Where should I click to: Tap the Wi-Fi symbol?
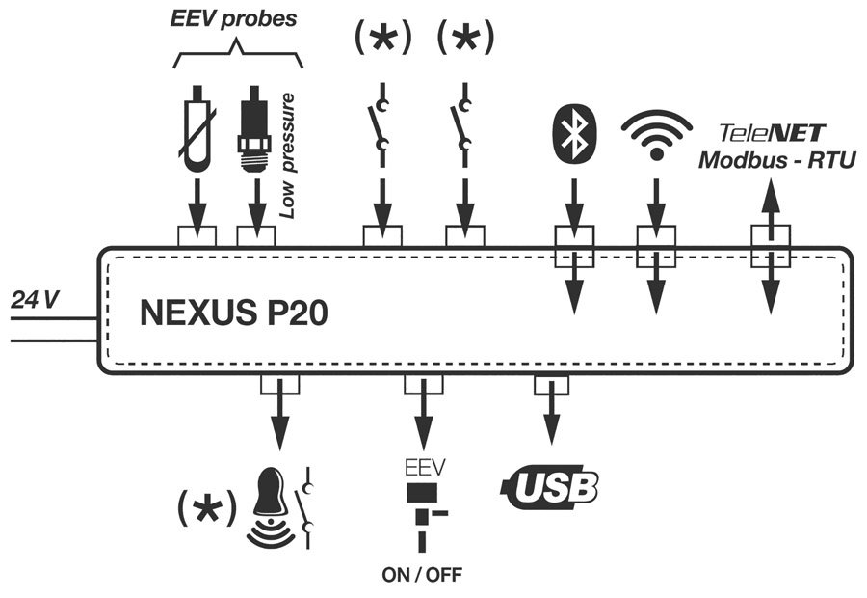(x=657, y=135)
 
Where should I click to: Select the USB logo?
(x=551, y=488)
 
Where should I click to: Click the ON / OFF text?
(x=422, y=576)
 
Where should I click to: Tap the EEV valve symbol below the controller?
(x=422, y=508)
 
